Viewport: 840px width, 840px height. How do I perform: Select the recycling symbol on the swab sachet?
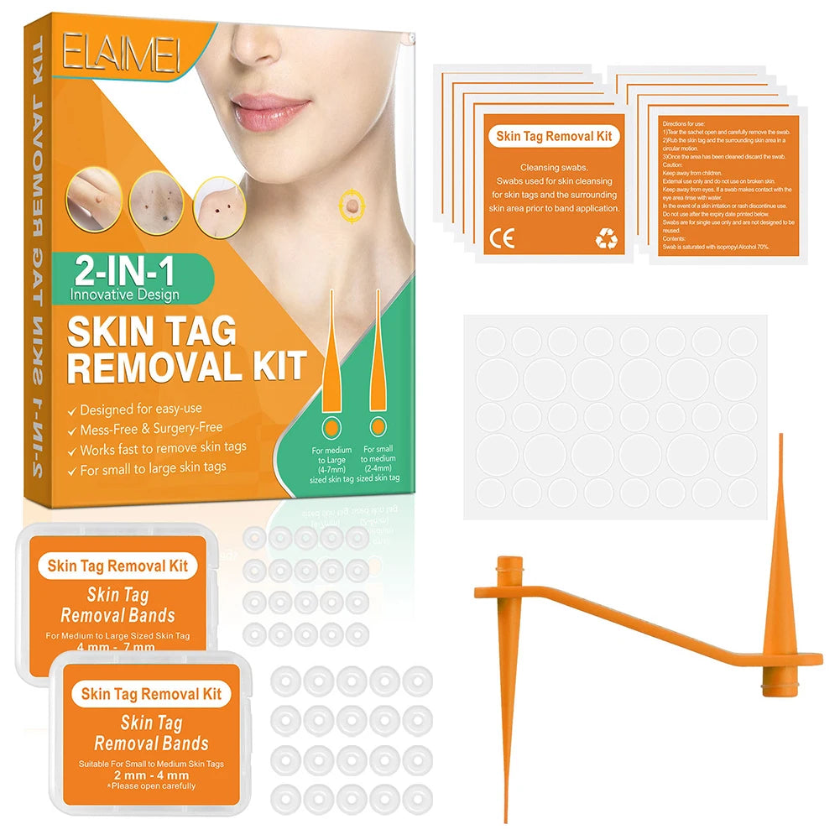pos(606,239)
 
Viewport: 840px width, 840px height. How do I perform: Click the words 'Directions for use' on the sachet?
pos(681,123)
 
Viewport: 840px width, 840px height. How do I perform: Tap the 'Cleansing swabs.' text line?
pos(554,167)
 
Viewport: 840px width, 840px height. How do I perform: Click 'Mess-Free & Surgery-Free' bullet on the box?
pos(150,430)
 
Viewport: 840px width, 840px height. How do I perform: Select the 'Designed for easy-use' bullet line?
pos(142,410)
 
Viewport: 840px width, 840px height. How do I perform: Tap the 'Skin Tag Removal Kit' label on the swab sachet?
pos(554,135)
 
